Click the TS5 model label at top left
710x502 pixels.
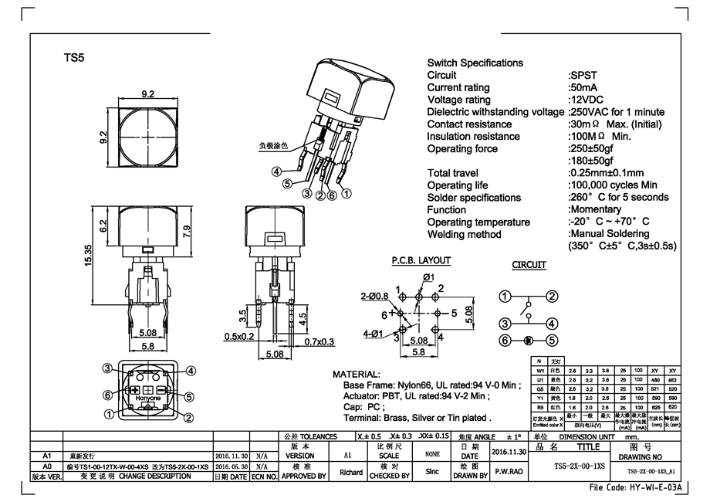73,58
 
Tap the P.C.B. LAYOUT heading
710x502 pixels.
421,261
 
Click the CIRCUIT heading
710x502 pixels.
529,265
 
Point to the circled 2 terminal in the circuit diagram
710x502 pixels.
553,297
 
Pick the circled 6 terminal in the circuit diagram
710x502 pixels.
505,340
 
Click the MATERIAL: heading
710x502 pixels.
356,373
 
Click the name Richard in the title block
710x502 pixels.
351,472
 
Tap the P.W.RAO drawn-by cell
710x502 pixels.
510,472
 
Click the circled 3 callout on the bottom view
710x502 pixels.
109,368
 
